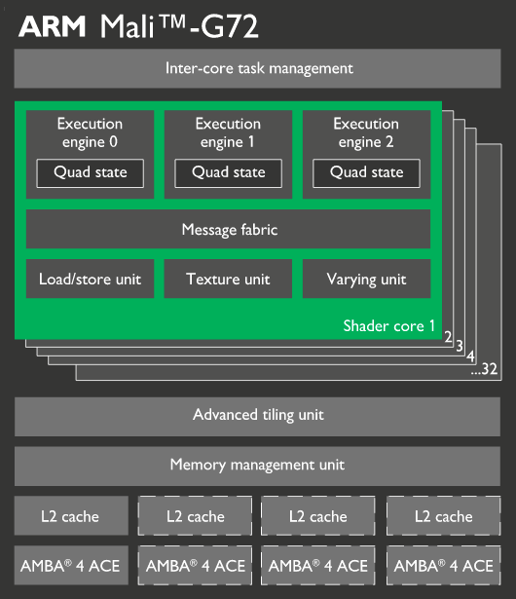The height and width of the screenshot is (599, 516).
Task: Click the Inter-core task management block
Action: point(257,68)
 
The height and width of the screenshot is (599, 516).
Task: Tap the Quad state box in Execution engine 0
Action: point(91,173)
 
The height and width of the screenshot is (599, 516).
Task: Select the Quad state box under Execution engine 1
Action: point(229,173)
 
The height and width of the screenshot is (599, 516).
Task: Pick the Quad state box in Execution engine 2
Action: point(366,173)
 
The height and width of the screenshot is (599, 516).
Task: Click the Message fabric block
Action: point(229,229)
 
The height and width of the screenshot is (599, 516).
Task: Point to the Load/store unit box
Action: point(91,279)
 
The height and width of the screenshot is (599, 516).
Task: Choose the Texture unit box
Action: point(228,279)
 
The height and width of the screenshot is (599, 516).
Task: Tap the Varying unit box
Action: point(367,279)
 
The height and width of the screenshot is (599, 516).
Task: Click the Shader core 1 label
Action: point(388,326)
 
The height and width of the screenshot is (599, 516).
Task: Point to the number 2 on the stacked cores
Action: point(448,337)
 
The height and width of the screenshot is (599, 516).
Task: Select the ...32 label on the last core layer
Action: point(484,369)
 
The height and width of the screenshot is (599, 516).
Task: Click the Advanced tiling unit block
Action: point(257,417)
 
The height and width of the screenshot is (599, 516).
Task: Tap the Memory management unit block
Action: point(257,467)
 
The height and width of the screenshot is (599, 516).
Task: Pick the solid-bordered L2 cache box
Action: point(71,515)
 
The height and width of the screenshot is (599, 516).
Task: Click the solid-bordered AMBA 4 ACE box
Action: point(71,565)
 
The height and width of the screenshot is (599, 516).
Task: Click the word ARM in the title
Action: point(53,26)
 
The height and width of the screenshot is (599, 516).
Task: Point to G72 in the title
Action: point(230,26)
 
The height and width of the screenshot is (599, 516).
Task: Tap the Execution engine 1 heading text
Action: point(228,132)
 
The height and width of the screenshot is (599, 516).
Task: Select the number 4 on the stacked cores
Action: point(470,356)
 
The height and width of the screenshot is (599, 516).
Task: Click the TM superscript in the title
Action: point(173,21)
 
